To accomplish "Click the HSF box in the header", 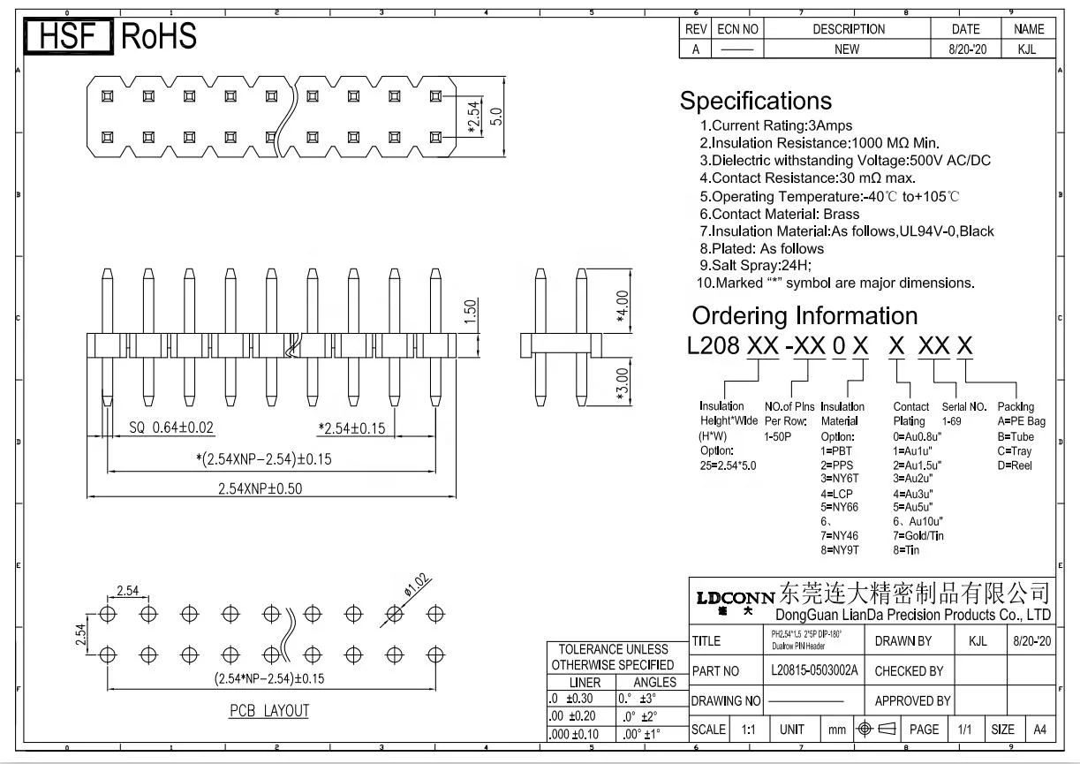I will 69,36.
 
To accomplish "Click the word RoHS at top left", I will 158,36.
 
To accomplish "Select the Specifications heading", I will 755,101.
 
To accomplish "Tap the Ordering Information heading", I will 804,315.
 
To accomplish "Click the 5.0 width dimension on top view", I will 497,117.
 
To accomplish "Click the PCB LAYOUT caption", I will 269,710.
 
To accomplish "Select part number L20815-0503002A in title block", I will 813,670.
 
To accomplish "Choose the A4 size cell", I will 1039,730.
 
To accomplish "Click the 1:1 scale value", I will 749,730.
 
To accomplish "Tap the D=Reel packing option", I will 1015,465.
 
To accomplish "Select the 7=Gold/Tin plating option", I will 918,535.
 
